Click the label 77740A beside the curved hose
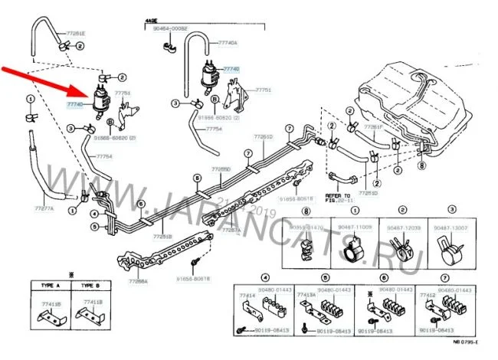228,44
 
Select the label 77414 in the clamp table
246,293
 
